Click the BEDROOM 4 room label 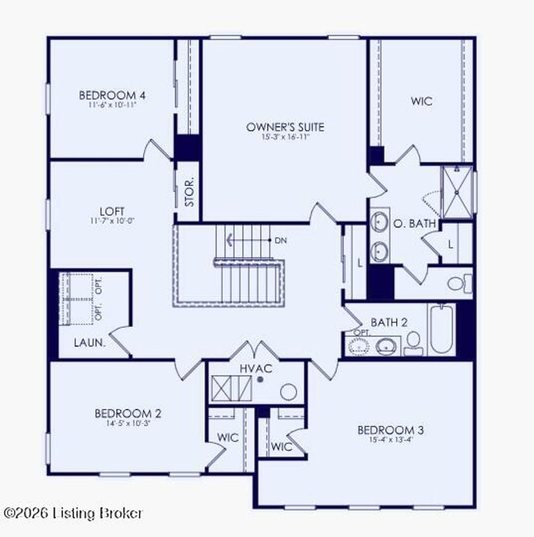point(112,95)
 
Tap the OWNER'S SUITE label point(285,127)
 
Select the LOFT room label point(112,211)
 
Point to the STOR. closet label point(190,192)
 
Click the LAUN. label point(90,343)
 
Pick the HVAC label point(256,369)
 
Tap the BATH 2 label point(389,322)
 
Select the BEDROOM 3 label point(390,430)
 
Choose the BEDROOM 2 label point(128,413)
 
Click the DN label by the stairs point(281,240)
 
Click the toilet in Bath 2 point(414,341)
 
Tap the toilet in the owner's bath point(458,284)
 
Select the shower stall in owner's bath point(457,192)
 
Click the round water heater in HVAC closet point(288,391)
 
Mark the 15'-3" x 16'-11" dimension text point(285,137)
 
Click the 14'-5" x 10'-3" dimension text point(128,423)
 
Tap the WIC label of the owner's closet point(421,101)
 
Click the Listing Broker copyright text point(73,513)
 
